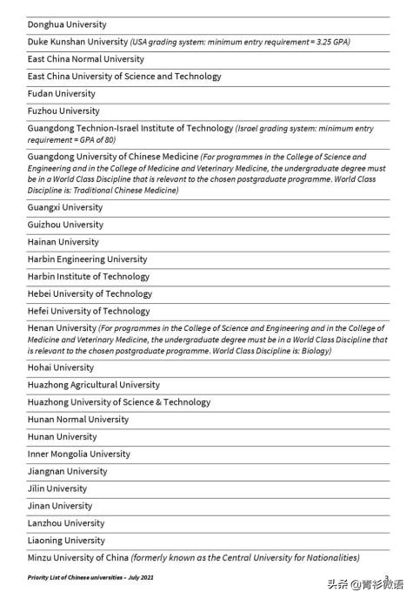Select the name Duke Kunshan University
pos(77,42)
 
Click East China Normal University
pos(85,59)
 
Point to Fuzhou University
pos(63,111)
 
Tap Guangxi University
pos(64,207)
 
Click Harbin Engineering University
pos(87,259)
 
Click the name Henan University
pos(61,328)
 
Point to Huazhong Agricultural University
pos(93,385)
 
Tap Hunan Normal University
pos(77,420)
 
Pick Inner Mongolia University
pos(78,454)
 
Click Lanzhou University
pos(65,523)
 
